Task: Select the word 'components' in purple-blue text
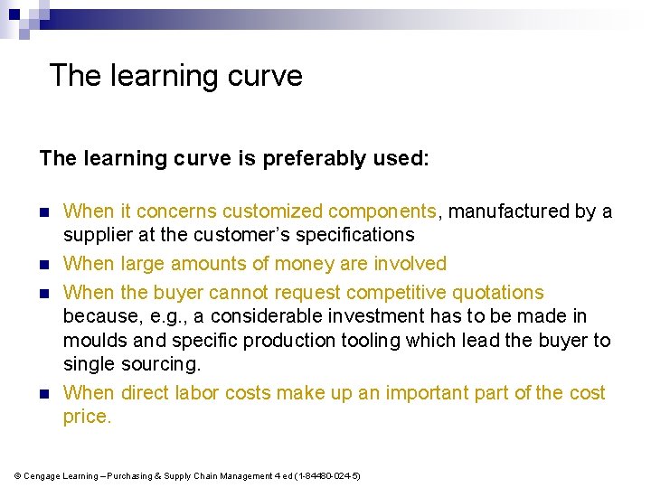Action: [x=382, y=211]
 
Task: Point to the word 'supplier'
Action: [x=96, y=235]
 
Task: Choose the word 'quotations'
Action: [x=496, y=293]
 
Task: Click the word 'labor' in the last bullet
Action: [x=196, y=393]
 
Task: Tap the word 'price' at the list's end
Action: [x=85, y=417]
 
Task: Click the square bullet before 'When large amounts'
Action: [x=44, y=265]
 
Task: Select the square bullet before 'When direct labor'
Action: [x=44, y=394]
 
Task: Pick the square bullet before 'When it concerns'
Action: [x=44, y=212]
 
